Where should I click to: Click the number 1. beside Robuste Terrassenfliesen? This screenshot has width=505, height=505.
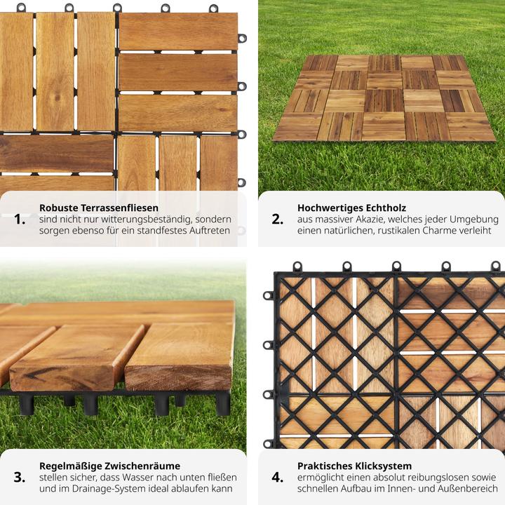click(20, 220)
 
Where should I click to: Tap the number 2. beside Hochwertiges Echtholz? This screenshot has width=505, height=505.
click(277, 220)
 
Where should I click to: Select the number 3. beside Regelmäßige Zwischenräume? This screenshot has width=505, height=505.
click(20, 478)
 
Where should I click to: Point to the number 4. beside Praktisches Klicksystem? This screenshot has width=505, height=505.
click(277, 478)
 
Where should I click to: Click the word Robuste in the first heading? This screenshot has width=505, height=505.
click(59, 208)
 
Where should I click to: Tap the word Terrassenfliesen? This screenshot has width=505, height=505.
click(119, 208)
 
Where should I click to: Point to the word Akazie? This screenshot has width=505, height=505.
click(370, 220)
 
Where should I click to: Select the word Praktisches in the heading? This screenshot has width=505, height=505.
click(325, 466)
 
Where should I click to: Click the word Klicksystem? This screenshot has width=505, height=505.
click(383, 466)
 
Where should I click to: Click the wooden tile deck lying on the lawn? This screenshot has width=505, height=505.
click(384, 98)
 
